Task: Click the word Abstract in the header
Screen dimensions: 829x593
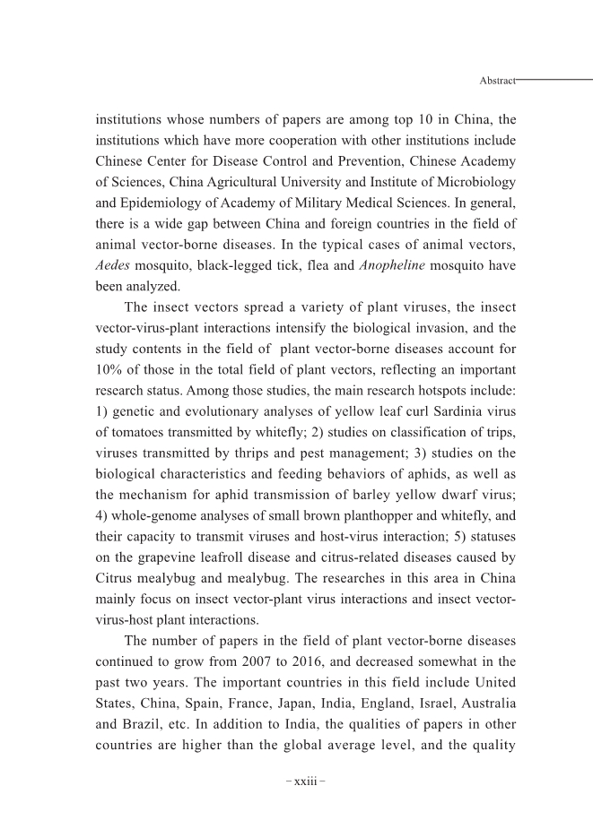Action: tap(498, 81)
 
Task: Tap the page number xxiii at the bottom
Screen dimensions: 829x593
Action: tap(305, 782)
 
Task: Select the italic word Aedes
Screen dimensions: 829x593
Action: tap(114, 267)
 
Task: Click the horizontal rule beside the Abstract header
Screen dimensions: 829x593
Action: tap(555, 80)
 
